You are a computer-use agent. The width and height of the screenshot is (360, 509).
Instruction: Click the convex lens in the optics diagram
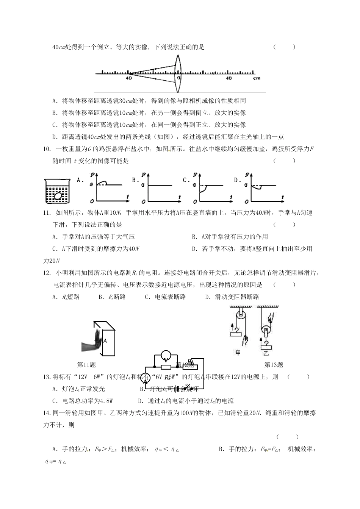click(x=178, y=72)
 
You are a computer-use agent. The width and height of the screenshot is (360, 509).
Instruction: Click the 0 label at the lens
click(x=178, y=78)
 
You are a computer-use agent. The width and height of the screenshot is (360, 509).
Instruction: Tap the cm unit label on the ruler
click(x=257, y=78)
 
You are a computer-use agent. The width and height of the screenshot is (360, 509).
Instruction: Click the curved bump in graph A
click(x=102, y=183)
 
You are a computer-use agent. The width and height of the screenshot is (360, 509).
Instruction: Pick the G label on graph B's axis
click(x=143, y=186)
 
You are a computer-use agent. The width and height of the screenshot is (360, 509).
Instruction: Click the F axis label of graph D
click(x=247, y=175)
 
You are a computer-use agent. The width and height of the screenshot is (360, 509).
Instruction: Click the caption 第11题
click(x=86, y=365)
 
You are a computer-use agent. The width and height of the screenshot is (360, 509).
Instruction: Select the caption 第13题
click(x=274, y=365)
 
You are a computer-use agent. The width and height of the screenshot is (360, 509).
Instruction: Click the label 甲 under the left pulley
click(x=238, y=353)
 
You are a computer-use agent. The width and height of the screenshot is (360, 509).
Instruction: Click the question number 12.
click(x=47, y=273)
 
